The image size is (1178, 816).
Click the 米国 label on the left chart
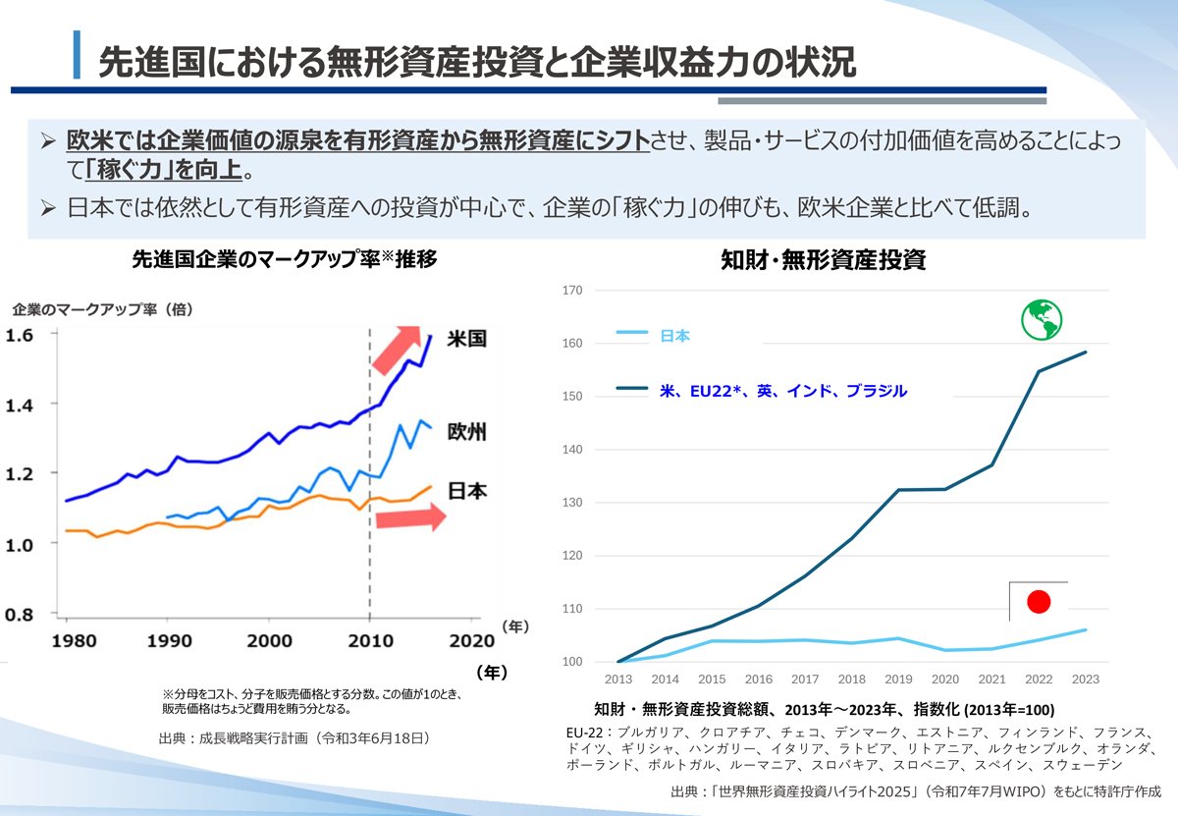465,339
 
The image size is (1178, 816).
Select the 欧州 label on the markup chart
465,431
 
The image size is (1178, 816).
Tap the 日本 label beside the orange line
465,491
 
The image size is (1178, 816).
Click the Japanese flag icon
1038,601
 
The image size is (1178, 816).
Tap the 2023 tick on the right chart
1086,680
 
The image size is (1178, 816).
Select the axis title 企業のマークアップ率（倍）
102,309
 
